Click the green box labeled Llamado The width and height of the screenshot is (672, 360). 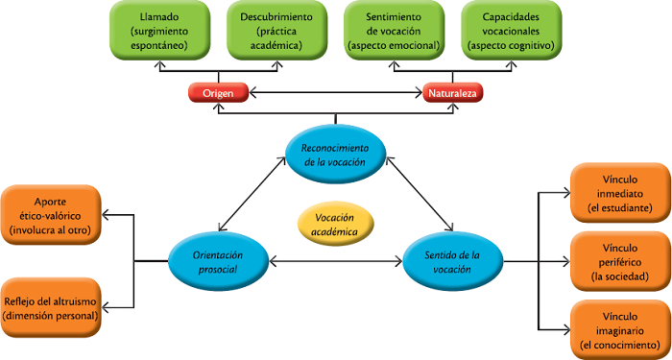pos(157,32)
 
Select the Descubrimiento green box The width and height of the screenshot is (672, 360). pos(275,32)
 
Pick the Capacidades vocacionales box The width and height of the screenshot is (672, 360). pos(510,32)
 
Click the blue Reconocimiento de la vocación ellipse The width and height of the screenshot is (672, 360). pos(335,154)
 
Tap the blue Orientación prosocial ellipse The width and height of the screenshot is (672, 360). pos(218,261)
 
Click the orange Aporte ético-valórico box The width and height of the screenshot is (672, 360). pos(50,215)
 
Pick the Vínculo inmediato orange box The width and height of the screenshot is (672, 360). pos(620,193)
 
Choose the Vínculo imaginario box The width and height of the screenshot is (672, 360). pos(620,329)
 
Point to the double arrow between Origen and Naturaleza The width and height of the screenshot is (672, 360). pos(335,93)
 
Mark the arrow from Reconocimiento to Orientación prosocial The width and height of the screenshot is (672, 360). pos(254,198)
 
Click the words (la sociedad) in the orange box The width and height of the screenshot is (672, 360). pos(620,277)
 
